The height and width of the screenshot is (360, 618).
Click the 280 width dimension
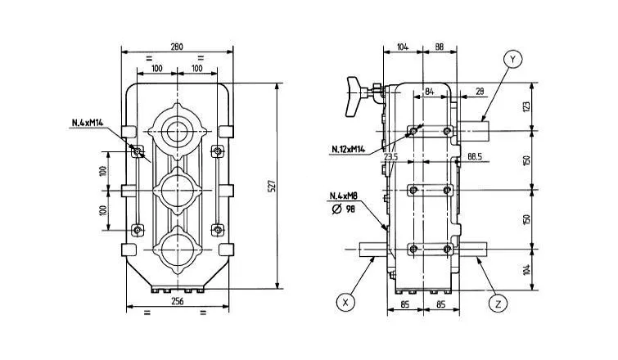[x=176, y=47]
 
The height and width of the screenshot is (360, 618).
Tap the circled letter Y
[x=512, y=60]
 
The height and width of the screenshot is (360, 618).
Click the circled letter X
[x=347, y=301]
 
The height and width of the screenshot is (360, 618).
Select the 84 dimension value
[x=429, y=92]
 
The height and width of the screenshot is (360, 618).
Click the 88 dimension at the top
[x=440, y=48]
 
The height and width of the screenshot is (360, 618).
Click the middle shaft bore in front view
[x=176, y=190]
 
